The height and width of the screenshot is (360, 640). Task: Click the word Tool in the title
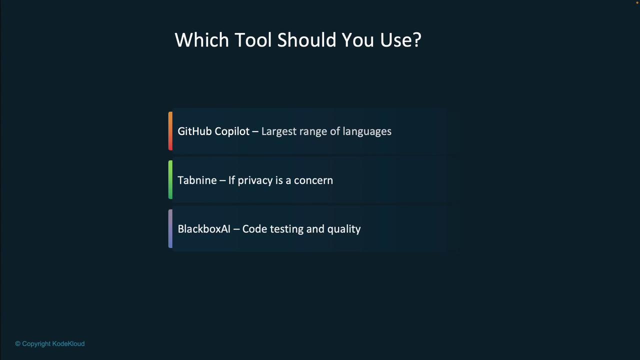tap(253, 39)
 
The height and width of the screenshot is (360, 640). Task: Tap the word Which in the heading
tap(201, 39)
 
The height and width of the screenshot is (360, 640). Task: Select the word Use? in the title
tap(400, 39)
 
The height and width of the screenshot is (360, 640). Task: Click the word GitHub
tap(194, 131)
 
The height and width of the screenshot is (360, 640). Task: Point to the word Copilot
tap(232, 131)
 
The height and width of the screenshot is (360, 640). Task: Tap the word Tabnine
tap(197, 180)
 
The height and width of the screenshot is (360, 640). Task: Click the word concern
tap(313, 180)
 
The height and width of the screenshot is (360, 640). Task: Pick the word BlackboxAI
tap(204, 229)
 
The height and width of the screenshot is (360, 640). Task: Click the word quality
tap(344, 229)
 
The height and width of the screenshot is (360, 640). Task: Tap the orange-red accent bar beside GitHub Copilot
tap(170, 131)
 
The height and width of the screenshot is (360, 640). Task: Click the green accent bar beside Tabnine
tap(170, 179)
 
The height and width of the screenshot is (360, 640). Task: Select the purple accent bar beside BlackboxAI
tap(170, 228)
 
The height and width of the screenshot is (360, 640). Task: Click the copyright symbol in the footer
tap(17, 343)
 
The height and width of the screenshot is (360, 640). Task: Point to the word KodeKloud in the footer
tap(68, 343)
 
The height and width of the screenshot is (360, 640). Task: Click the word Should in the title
tap(306, 39)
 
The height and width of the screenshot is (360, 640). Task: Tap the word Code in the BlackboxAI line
tap(254, 229)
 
